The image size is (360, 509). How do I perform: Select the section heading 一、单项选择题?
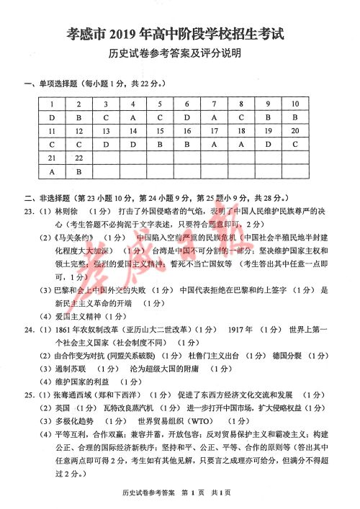pyautogui.click(x=51, y=85)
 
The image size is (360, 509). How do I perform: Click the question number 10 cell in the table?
pyautogui.click(x=294, y=104)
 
